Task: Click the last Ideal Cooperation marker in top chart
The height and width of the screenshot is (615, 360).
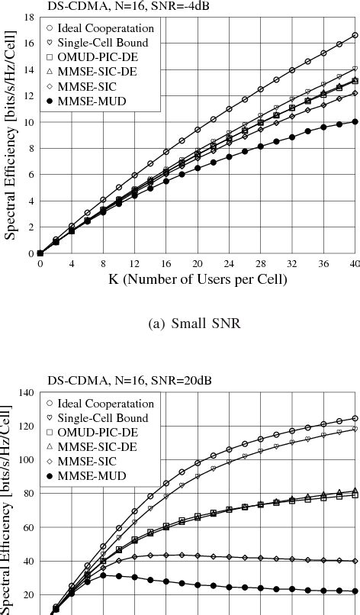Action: click(x=355, y=35)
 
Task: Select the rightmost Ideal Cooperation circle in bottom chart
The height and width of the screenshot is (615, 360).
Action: click(x=355, y=418)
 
